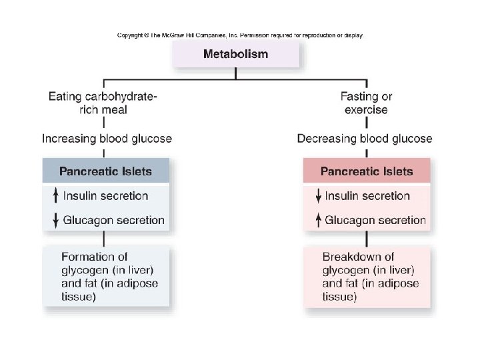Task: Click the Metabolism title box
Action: point(235,54)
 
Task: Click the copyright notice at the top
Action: point(240,35)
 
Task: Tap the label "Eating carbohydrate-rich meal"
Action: point(104,103)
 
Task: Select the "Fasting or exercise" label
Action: point(366,103)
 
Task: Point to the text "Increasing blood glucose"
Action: point(107,139)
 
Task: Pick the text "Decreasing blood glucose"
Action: point(365,139)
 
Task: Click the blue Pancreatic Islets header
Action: point(105,171)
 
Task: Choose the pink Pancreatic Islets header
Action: point(367,171)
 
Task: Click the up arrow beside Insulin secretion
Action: point(55,196)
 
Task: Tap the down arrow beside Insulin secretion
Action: point(317,196)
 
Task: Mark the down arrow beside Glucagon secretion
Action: point(55,221)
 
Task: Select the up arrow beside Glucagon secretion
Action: point(317,221)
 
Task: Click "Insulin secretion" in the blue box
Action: point(105,196)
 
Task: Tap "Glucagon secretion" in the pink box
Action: point(375,220)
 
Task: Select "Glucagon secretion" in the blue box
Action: point(113,220)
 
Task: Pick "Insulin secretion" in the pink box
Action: point(367,196)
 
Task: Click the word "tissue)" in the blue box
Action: point(78,297)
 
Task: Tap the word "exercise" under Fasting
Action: point(366,109)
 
